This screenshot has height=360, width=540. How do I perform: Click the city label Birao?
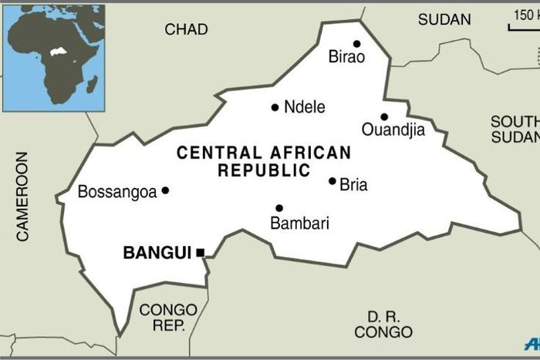[346, 56]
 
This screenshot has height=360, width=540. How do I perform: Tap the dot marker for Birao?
[356, 44]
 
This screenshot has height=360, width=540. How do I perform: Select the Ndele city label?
[305, 107]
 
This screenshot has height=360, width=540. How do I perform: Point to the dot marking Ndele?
[275, 107]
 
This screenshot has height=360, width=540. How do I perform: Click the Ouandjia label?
[393, 130]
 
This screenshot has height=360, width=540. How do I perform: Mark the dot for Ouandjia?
[384, 117]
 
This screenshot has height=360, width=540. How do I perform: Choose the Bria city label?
[353, 185]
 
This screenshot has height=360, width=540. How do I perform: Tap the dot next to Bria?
[332, 181]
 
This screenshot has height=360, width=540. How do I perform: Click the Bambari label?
[299, 224]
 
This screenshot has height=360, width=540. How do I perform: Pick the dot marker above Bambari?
[279, 208]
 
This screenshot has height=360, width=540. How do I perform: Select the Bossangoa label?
[117, 191]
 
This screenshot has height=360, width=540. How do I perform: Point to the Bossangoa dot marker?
[165, 190]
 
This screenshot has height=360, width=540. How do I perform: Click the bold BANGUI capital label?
[157, 252]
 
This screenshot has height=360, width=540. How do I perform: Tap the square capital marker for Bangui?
[201, 252]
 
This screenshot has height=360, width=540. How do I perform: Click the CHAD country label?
[186, 29]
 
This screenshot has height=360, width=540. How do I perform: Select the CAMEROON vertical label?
[22, 197]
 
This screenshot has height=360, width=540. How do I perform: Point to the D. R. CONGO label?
[383, 325]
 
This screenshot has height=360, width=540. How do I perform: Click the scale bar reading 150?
[524, 21]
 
